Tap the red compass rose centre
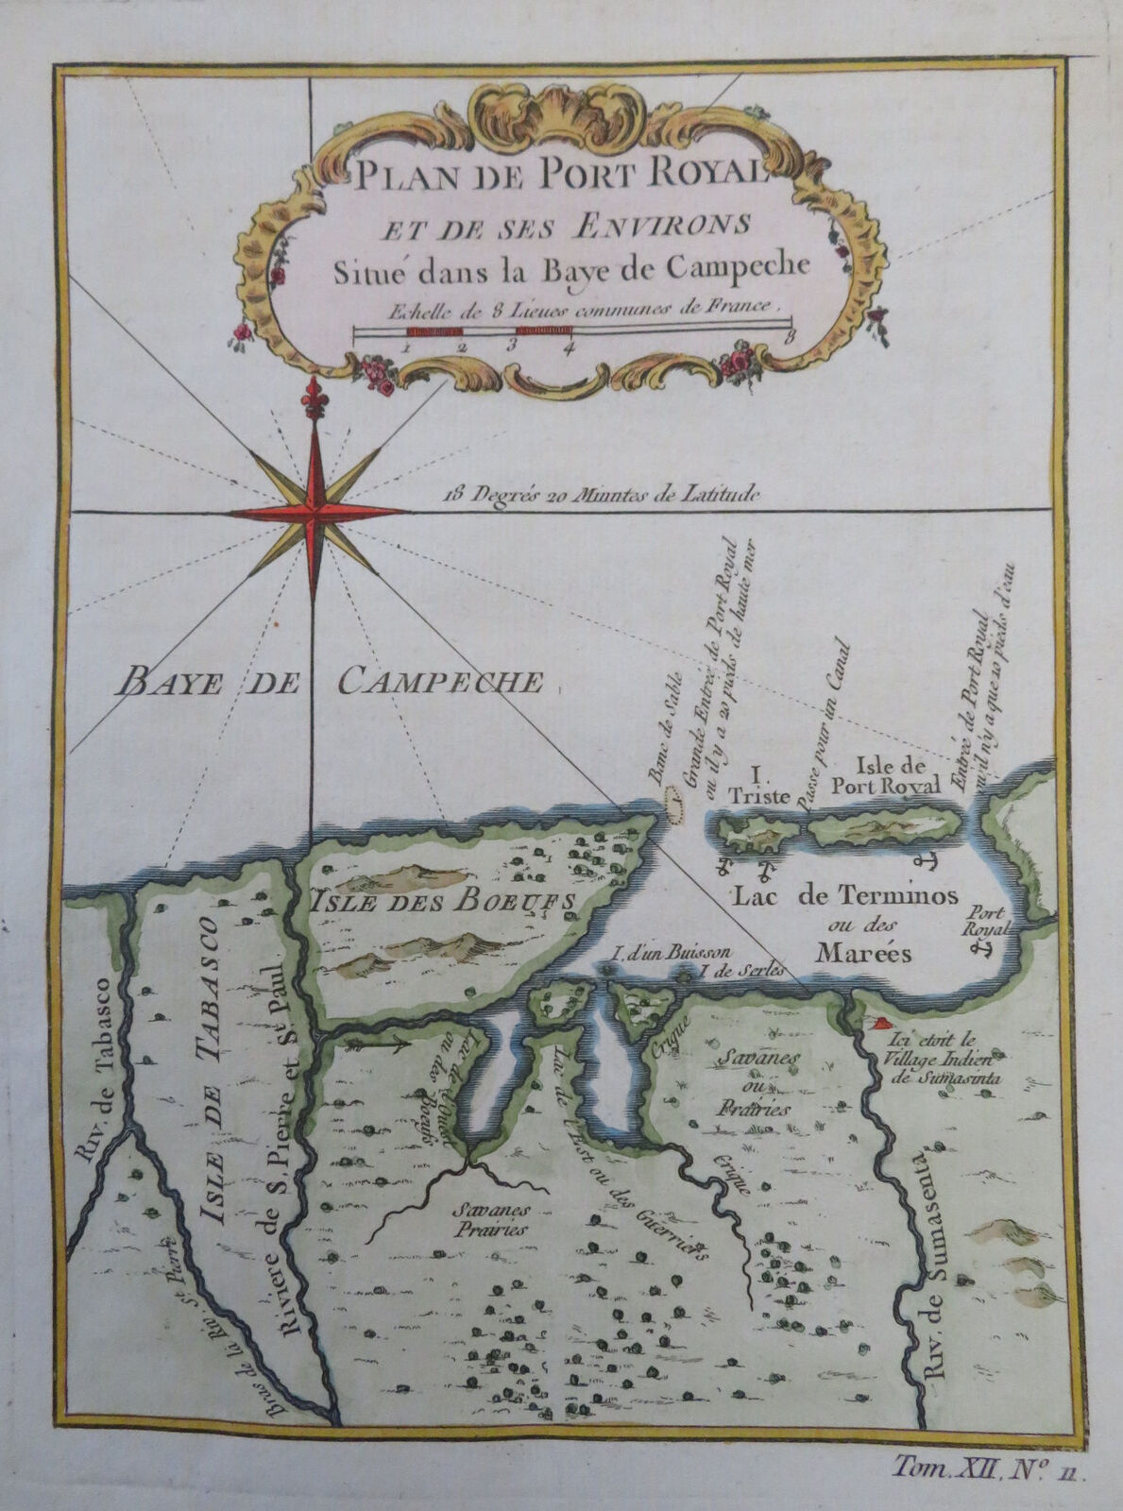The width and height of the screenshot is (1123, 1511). (x=315, y=512)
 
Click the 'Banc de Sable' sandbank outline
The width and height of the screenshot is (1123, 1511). (x=674, y=807)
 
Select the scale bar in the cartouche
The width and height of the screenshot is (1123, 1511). (x=570, y=331)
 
